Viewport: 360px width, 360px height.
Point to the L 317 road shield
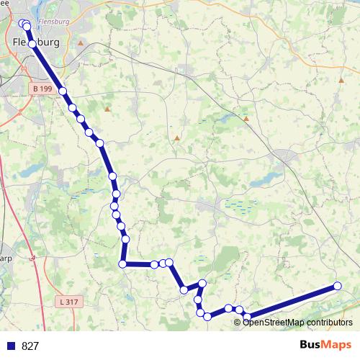coord(66,302)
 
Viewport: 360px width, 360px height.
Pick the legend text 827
coord(30,346)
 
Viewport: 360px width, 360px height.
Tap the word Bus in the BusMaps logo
coord(312,345)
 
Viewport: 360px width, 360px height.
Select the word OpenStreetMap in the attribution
coord(271,323)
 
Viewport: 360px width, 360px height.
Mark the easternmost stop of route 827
coord(337,286)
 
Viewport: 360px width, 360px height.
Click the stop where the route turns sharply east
coord(123,264)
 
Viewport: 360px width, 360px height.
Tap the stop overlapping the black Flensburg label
coord(32,43)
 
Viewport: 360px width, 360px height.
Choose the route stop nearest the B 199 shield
coord(63,91)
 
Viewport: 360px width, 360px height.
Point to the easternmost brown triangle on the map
coord(341,81)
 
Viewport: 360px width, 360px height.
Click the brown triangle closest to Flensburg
coord(81,43)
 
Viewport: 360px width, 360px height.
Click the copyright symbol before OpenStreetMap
coord(238,323)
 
